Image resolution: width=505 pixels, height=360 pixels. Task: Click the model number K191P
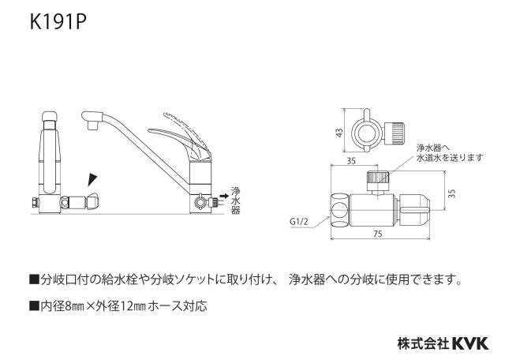[x=58, y=22]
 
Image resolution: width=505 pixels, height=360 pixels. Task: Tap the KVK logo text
[x=470, y=343]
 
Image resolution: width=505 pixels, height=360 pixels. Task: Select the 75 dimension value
[x=378, y=234]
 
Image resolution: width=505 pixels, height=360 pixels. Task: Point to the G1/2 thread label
[x=299, y=221]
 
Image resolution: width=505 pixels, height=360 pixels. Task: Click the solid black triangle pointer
[x=92, y=180]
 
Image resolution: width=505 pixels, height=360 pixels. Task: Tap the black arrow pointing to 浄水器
[x=224, y=196]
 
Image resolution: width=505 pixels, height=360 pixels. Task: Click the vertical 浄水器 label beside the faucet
[x=235, y=201]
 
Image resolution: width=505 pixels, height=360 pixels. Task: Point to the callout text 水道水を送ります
[x=451, y=158]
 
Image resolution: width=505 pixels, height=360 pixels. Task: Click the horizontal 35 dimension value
[x=351, y=160]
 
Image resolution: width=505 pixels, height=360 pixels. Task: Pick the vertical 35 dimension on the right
[x=452, y=193]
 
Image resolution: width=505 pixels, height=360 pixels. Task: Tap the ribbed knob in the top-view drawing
[x=396, y=132]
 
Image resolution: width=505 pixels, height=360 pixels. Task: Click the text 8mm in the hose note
[x=73, y=306]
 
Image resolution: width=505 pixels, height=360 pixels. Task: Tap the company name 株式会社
[x=423, y=343]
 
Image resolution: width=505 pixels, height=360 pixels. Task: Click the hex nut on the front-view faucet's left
[x=34, y=203]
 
